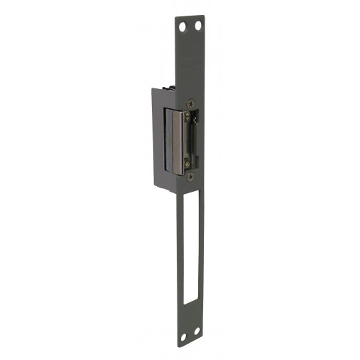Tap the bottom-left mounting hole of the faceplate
coord(182,336)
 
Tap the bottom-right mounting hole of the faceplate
coord(195,336)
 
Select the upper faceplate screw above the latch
coord(190,103)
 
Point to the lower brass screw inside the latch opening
coord(187,162)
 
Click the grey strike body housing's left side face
coord(158,135)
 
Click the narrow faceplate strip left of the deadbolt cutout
coord(178,250)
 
